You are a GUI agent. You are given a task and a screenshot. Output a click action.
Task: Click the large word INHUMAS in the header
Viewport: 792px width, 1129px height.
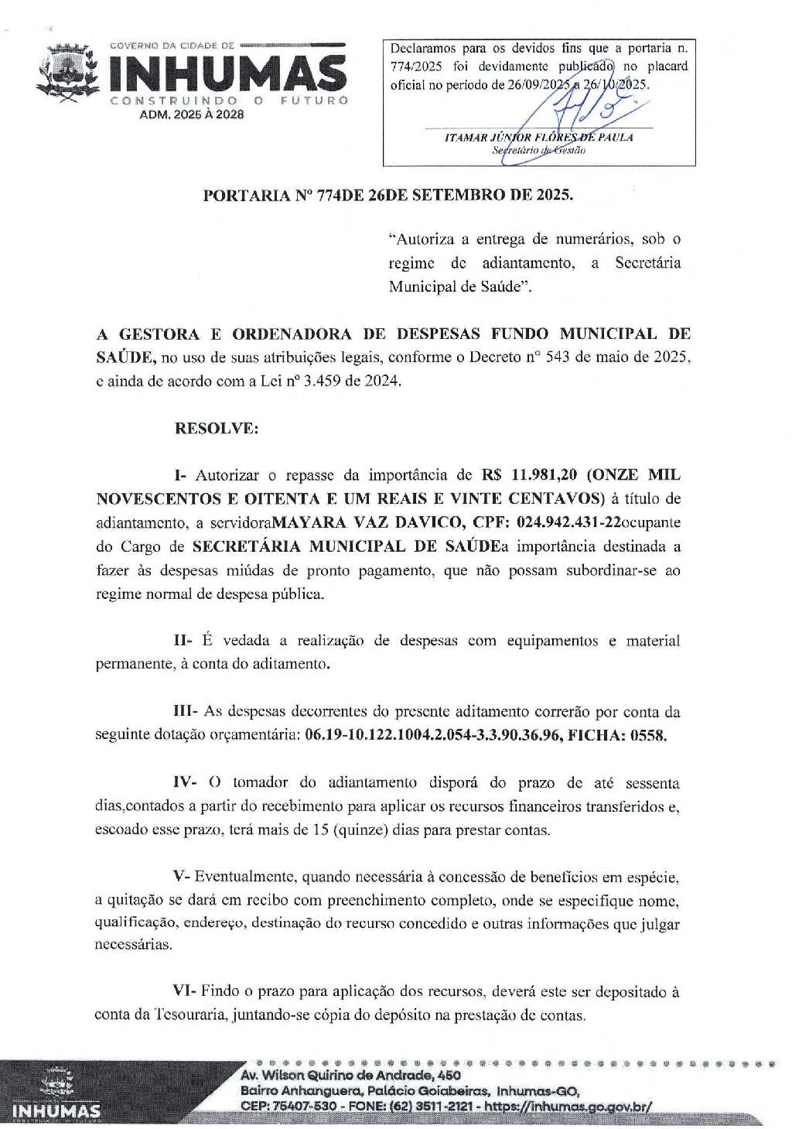[227, 74]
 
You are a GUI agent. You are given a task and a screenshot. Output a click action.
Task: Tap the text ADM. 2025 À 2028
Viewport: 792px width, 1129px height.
[191, 114]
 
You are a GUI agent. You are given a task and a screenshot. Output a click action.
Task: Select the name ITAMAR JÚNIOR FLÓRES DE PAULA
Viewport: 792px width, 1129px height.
[538, 137]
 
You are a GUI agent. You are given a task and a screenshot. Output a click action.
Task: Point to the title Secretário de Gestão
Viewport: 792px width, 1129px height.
[538, 150]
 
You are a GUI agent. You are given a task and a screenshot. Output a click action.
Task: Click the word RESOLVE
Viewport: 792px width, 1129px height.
[217, 428]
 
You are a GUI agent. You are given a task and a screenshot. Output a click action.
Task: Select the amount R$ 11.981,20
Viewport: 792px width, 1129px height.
[531, 474]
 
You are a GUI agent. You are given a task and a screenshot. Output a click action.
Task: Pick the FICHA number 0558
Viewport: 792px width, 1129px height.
[648, 735]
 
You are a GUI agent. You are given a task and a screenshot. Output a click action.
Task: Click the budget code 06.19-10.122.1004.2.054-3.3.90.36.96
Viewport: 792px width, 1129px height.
[433, 735]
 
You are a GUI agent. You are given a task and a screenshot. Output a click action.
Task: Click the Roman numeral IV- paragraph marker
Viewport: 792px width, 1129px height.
[185, 782]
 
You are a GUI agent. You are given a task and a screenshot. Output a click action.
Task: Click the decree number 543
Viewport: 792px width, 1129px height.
[558, 358]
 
